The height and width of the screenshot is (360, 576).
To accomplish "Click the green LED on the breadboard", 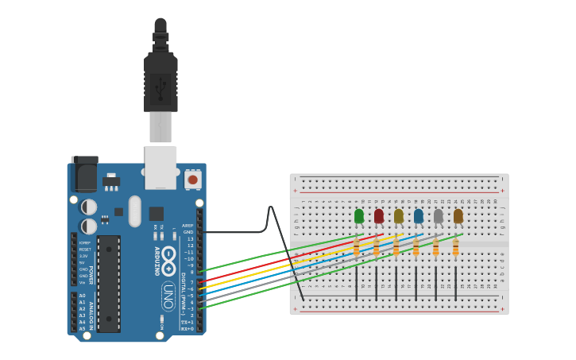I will pos(359,215).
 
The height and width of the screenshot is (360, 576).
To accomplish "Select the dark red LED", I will pos(379,215).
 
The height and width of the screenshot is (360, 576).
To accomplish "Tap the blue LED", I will pos(419,215).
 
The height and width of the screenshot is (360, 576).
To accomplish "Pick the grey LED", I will pos(438,215).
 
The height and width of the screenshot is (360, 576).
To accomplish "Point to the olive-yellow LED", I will pos(399,215).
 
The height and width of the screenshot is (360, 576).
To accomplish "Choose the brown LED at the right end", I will pos(458,215).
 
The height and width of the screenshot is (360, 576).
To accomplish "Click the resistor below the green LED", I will pos(357,249).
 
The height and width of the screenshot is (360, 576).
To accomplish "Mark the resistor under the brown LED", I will pos(455,249).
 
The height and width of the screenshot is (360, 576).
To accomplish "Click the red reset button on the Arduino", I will pos(192,180).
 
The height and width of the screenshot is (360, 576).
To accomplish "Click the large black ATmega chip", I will pos(109,282).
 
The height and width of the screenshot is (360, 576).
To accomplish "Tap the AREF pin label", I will pos(187,226).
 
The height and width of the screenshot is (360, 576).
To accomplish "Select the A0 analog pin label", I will pos(82,296).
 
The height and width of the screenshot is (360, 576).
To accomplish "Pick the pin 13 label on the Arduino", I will pos(189,238).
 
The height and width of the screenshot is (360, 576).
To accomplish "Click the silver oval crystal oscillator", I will pos(134,211).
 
